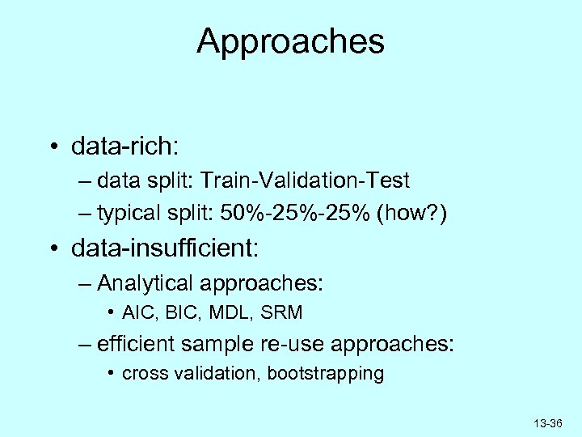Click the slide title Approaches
tap(290, 42)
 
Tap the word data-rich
tap(126, 148)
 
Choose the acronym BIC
tap(173, 312)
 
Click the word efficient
tap(137, 345)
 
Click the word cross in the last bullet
tap(141, 374)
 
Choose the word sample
tap(224, 345)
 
